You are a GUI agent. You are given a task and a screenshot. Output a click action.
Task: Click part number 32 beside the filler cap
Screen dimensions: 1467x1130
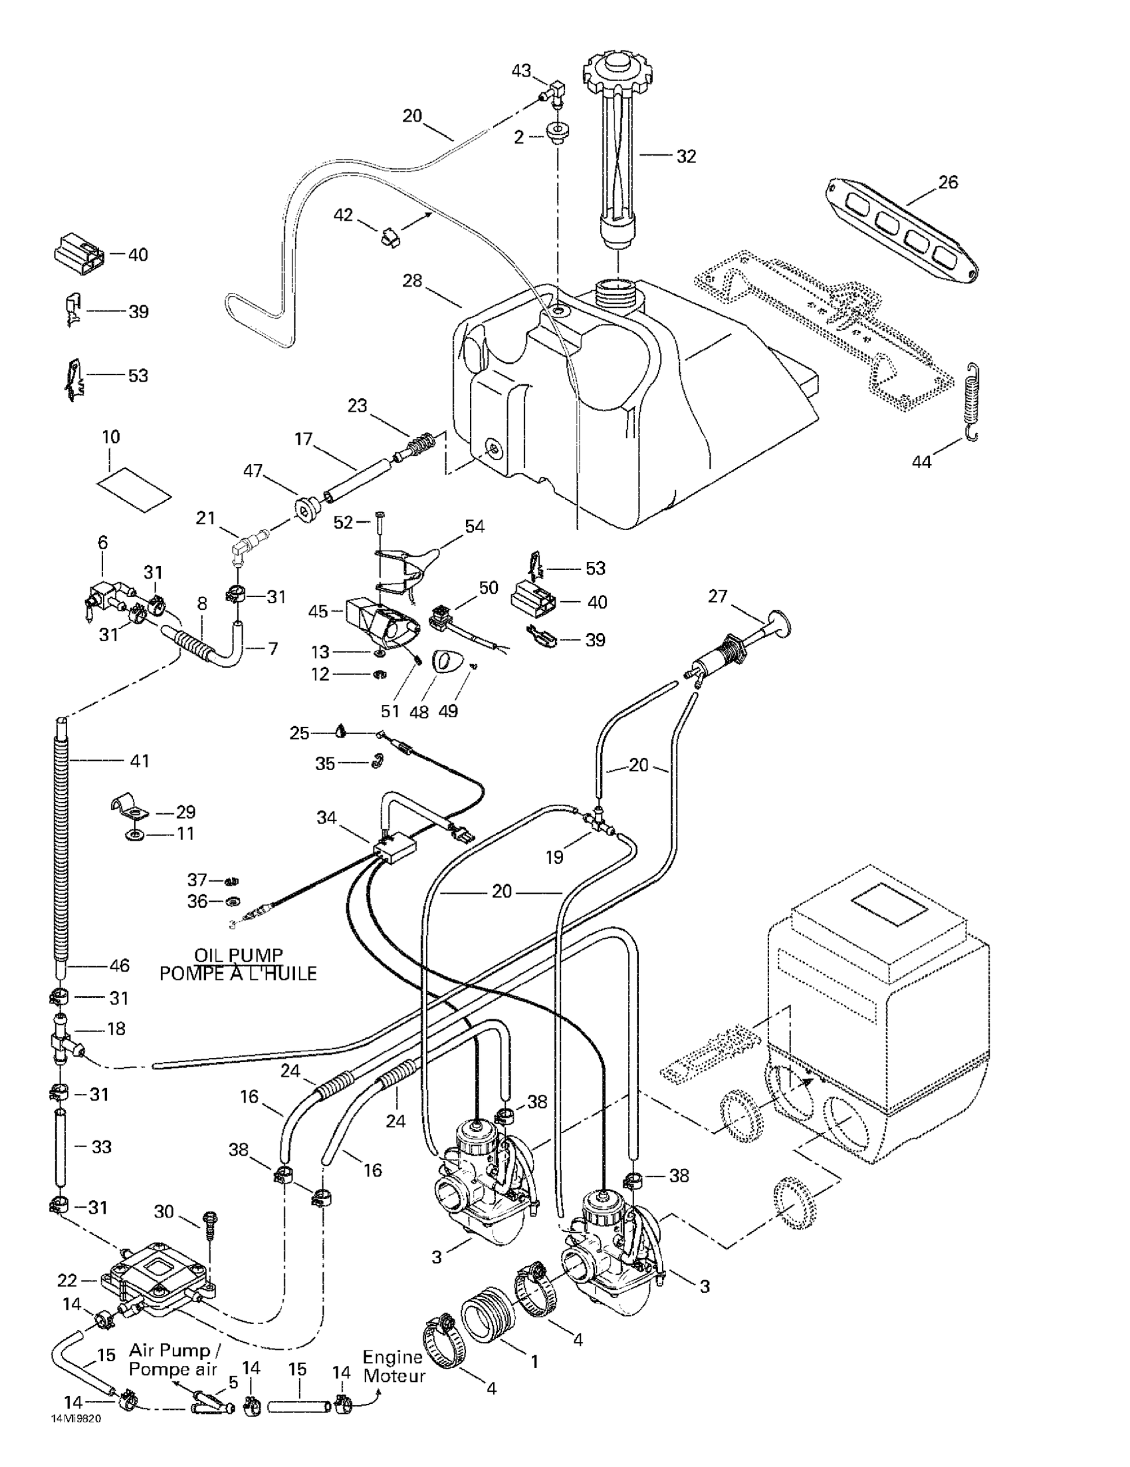tap(685, 156)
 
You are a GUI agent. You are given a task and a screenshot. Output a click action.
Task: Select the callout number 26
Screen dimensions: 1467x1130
tap(947, 182)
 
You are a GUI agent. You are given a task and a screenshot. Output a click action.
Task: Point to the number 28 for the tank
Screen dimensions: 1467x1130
tap(411, 280)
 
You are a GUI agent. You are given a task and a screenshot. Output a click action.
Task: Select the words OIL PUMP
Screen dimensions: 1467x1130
tap(239, 954)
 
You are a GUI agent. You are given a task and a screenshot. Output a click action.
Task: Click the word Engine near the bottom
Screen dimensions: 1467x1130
tap(393, 1357)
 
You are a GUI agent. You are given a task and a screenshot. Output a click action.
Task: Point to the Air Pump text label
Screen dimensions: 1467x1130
tap(170, 1350)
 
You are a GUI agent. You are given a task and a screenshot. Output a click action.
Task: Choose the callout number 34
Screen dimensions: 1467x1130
tap(326, 817)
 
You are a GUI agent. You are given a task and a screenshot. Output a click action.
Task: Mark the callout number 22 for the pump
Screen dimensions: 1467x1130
tap(67, 1280)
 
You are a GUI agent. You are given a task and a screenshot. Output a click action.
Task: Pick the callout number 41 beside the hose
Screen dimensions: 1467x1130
tap(139, 760)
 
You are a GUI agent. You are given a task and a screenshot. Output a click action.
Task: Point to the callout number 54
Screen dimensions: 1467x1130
tap(474, 526)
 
